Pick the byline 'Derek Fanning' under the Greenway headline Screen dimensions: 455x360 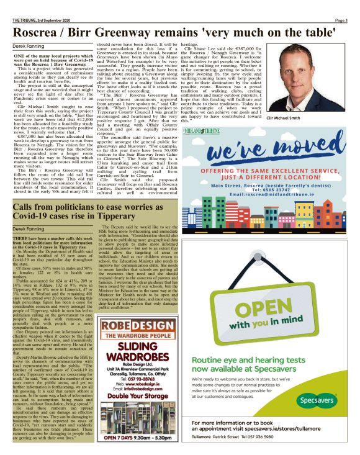29,46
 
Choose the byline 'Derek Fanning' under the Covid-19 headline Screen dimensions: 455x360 29,229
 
